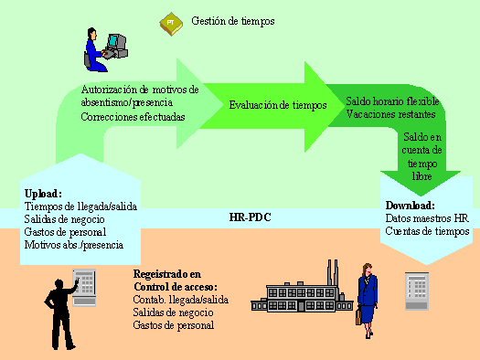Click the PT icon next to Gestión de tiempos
click(x=170, y=22)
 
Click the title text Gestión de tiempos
click(x=233, y=20)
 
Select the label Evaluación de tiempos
click(x=277, y=105)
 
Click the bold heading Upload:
click(x=42, y=194)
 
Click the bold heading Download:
click(x=410, y=206)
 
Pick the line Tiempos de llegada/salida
click(x=80, y=206)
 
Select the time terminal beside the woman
click(x=416, y=293)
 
